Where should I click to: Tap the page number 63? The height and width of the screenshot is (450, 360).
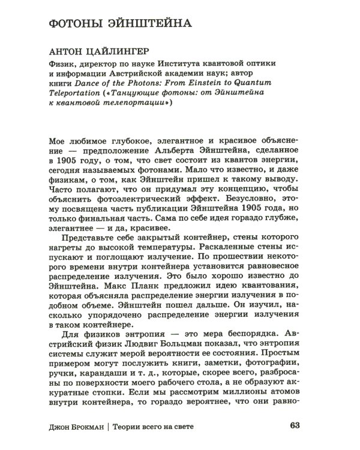tap(293, 426)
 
